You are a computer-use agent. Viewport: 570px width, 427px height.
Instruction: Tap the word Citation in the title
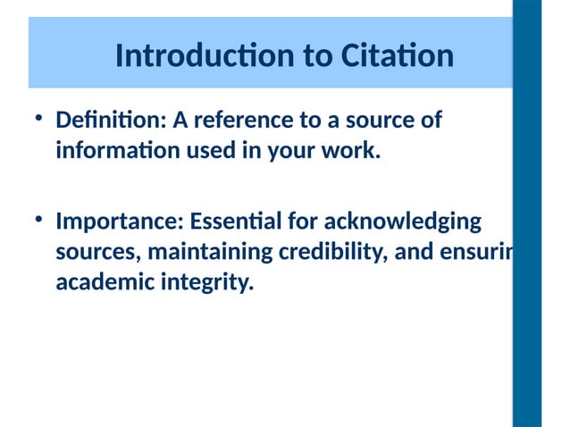coord(397,56)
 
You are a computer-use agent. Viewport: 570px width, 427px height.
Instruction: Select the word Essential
coord(226,221)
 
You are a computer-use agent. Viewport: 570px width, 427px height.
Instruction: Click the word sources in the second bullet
coord(96,253)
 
